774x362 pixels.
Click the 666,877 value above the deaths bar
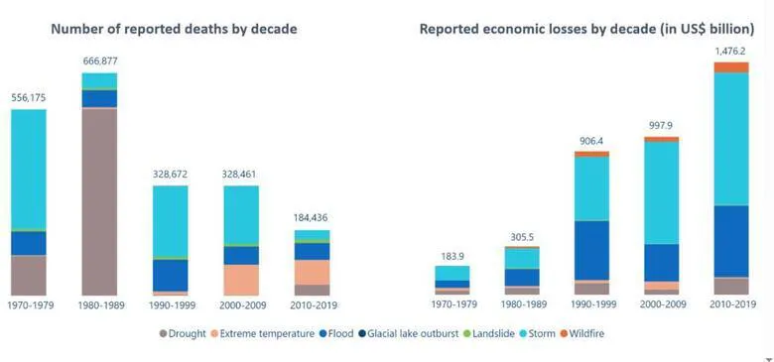point(99,60)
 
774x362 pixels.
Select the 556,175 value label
point(29,97)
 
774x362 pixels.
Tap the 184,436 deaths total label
point(312,217)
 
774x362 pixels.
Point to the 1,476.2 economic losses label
point(731,50)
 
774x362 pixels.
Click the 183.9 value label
point(451,256)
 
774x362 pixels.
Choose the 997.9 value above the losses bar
point(661,125)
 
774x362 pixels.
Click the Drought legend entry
point(186,334)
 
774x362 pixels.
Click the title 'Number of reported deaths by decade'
point(174,29)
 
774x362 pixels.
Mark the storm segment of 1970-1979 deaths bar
point(29,169)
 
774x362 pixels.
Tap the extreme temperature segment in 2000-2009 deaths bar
point(241,280)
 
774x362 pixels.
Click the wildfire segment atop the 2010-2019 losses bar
point(731,67)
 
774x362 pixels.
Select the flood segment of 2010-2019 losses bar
point(731,240)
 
